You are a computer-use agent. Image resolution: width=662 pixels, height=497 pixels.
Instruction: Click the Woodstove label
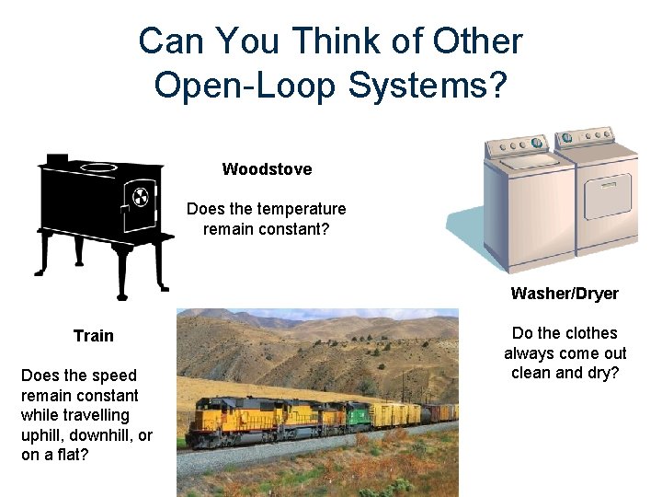click(267, 169)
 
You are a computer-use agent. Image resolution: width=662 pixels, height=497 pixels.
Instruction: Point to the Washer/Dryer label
click(565, 294)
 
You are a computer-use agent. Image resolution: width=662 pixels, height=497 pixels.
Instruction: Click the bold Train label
click(94, 336)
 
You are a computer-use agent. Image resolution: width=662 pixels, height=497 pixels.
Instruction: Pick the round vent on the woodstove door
click(141, 196)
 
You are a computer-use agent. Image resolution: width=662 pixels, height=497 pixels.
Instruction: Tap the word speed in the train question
click(115, 376)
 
